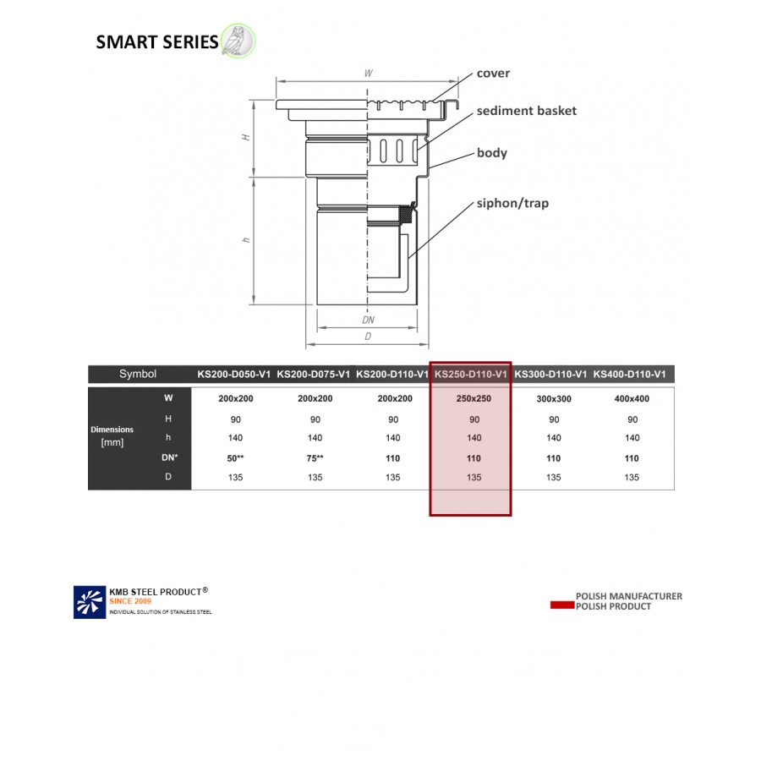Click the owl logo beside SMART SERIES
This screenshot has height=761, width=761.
coord(238,41)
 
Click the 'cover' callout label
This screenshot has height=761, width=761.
coord(493,74)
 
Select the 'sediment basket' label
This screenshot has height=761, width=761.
coord(526,111)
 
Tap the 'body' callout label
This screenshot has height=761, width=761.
coord(491,153)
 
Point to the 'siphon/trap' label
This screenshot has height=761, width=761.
coord(512,203)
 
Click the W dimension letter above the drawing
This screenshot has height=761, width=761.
coord(368,74)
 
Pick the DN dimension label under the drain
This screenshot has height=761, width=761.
coord(368,320)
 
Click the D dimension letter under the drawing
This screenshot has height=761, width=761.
coord(368,337)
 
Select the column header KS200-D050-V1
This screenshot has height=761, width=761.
coord(234,374)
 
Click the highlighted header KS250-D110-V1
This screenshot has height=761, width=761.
coord(470,374)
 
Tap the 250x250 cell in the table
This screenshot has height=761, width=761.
coord(473,398)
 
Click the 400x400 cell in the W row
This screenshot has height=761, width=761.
coord(631,398)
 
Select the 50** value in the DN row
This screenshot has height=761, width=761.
coord(235,458)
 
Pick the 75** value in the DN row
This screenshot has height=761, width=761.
coord(315,458)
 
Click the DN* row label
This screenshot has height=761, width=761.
coord(169,458)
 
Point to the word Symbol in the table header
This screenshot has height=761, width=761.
coord(138,374)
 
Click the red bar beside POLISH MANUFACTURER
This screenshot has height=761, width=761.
coord(561,605)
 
